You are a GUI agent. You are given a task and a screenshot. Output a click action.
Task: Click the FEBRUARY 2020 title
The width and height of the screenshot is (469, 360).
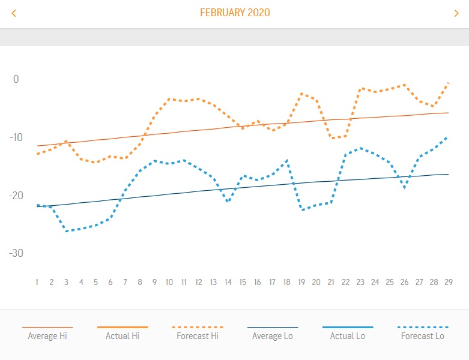click(x=235, y=13)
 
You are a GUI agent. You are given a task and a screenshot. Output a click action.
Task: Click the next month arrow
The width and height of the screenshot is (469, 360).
click(x=456, y=13)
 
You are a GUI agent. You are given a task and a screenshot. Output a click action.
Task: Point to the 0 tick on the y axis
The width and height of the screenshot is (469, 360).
click(x=16, y=79)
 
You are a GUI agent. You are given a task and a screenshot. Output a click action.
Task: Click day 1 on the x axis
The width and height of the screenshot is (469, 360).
click(x=37, y=282)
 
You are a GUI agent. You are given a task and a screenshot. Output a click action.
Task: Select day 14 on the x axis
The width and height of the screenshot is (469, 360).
click(x=228, y=282)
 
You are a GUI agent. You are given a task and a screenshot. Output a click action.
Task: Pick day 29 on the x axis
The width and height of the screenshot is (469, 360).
click(x=449, y=282)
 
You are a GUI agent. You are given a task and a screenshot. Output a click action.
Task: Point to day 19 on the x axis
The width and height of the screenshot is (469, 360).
click(x=301, y=282)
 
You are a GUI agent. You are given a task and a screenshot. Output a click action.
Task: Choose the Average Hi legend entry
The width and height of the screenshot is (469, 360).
click(x=47, y=336)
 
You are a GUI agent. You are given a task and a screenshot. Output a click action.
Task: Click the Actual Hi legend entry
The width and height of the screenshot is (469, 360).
click(x=123, y=336)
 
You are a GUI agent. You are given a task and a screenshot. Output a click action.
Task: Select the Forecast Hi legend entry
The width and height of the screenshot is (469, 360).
click(x=198, y=336)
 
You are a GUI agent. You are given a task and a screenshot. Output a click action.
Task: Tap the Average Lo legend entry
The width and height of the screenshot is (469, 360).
click(x=273, y=336)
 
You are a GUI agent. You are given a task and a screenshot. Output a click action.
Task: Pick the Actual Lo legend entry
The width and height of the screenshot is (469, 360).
click(x=348, y=336)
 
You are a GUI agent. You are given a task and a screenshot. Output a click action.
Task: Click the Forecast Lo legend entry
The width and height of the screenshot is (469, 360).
click(x=423, y=336)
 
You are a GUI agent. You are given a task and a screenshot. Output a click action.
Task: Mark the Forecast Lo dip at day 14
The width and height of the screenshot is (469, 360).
click(x=228, y=202)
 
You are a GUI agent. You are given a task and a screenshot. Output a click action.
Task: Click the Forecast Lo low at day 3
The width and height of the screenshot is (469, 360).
click(x=66, y=231)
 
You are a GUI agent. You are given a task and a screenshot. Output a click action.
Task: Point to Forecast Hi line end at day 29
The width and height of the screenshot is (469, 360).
click(x=448, y=83)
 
